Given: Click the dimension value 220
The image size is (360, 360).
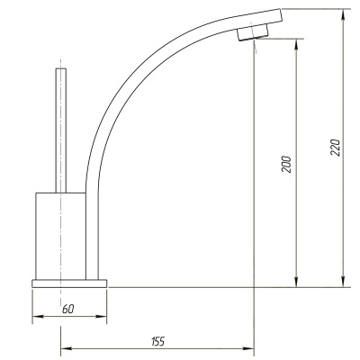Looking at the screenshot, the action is click(336, 148).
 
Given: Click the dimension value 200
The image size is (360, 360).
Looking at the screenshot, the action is click(286, 164).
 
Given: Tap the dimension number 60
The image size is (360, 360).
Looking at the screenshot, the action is click(67, 309).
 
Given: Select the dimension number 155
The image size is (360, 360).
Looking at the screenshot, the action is click(158, 341).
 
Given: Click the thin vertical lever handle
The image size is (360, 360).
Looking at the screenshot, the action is click(61, 130).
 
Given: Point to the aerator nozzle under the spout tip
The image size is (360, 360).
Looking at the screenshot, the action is click(253, 32).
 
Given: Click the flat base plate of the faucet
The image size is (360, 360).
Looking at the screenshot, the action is click(69, 283).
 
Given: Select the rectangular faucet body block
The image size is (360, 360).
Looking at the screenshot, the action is click(60, 236).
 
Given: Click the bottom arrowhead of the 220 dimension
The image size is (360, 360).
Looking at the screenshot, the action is click(343, 283).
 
